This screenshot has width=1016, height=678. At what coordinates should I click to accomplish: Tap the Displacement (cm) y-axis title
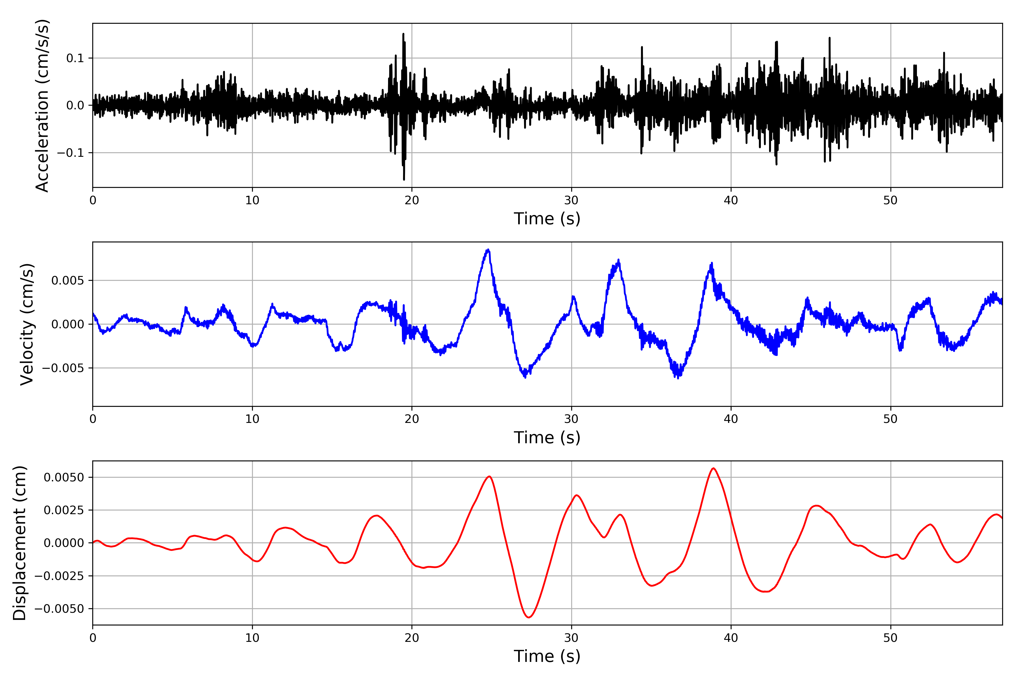(19, 543)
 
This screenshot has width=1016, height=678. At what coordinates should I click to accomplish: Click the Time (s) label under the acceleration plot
(547, 219)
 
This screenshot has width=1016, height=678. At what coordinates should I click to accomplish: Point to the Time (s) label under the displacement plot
(547, 656)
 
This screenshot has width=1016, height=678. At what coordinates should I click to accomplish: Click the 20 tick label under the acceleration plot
(412, 201)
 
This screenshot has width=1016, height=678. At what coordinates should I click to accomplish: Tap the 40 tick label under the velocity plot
(731, 419)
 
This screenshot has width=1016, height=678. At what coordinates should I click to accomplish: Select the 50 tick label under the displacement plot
(890, 638)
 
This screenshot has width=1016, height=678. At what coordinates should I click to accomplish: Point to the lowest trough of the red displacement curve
(529, 617)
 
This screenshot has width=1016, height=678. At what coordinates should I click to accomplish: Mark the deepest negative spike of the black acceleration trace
(404, 179)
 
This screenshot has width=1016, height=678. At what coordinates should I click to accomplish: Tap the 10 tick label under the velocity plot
(252, 419)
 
